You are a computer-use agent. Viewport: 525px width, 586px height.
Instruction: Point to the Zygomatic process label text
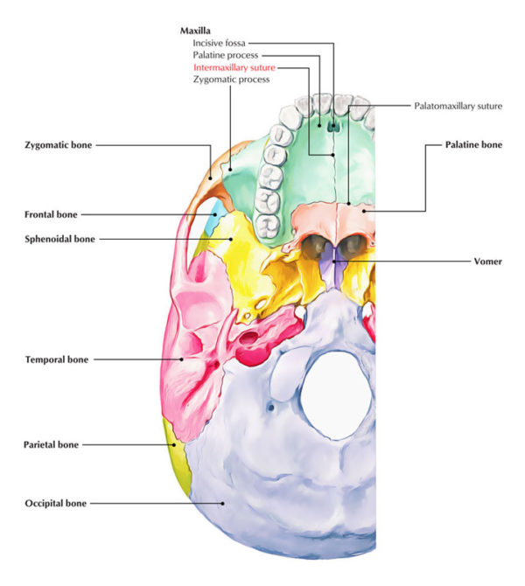pyautogui.click(x=231, y=79)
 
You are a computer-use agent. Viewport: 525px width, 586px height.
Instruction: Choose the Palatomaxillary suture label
pyautogui.click(x=458, y=106)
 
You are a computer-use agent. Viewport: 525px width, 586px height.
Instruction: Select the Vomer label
pyautogui.click(x=486, y=261)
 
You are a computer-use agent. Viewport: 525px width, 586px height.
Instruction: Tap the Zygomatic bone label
pyautogui.click(x=59, y=144)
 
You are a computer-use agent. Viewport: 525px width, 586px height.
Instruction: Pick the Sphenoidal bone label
pyautogui.click(x=60, y=238)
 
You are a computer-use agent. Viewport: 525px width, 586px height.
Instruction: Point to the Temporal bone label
pyautogui.click(x=57, y=359)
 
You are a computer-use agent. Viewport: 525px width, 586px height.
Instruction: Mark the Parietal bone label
pyautogui.click(x=52, y=444)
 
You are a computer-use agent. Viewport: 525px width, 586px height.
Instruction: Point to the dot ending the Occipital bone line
pyautogui.click(x=225, y=503)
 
